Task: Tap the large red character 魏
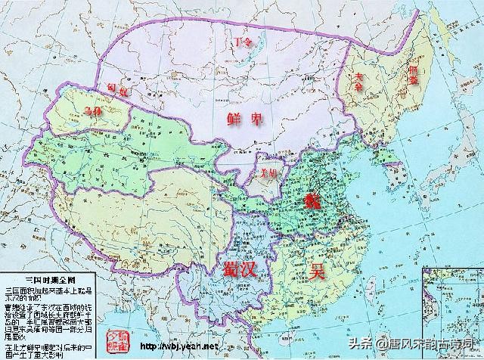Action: tap(312, 200)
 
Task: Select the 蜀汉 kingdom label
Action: tap(240, 268)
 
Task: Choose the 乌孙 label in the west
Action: tap(90, 110)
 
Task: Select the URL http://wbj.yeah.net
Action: tap(177, 346)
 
